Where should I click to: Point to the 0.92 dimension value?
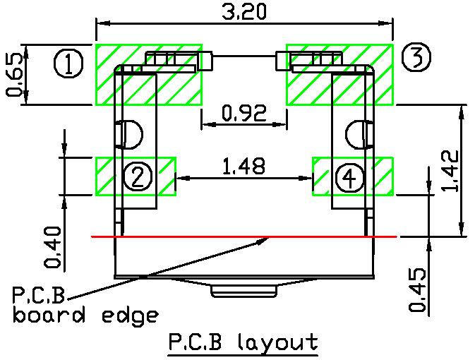pos(243,113)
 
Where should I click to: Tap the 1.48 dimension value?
pos(243,167)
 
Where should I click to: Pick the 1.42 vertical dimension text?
pos(454,171)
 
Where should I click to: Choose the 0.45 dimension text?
pos(418,289)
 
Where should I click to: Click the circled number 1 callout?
pos(68,65)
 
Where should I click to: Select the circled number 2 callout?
pos(138,176)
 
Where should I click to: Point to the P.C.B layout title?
pos(243,343)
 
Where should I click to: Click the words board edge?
pos(85,315)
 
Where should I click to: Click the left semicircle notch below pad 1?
pos(132,134)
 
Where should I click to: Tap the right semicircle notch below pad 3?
pos(356,134)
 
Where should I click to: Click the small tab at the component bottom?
pos(243,291)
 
